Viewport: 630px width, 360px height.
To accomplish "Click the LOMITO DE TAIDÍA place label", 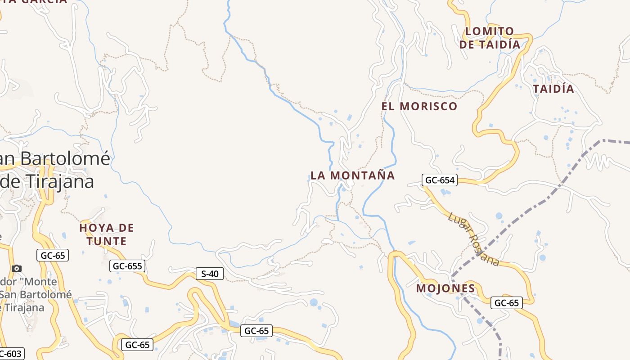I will [490, 38].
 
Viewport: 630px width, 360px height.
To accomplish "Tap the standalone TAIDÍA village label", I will [553, 89].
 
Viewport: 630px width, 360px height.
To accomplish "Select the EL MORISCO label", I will [419, 107].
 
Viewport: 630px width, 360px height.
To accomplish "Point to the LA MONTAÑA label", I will [353, 175].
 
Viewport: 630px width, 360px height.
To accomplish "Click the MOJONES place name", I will [445, 288].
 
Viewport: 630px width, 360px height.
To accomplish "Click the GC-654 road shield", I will [440, 180].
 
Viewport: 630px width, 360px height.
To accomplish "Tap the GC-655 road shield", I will [127, 266].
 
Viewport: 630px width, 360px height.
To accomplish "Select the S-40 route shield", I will [210, 273].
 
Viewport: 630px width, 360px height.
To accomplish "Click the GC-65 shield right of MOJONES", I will [507, 303].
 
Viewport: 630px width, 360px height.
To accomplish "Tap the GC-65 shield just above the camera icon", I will [53, 256].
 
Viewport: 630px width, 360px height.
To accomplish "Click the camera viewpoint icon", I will [17, 269].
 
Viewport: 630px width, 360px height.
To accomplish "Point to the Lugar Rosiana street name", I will [473, 239].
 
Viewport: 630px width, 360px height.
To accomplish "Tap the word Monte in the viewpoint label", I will [42, 282].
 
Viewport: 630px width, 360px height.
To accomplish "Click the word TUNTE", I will [107, 241].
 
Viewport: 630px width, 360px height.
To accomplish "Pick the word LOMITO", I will [490, 31].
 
